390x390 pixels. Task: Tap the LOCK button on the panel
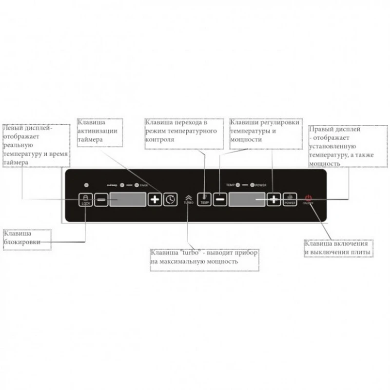[x=86, y=199]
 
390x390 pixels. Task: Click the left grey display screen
[x=127, y=199]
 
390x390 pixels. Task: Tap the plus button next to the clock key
[x=155, y=199]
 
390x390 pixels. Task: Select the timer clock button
[x=170, y=199]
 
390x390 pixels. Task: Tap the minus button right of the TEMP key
[x=220, y=199]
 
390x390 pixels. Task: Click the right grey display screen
[x=247, y=199]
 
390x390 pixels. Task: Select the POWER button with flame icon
[x=290, y=199]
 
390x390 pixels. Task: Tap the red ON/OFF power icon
[x=308, y=198]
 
